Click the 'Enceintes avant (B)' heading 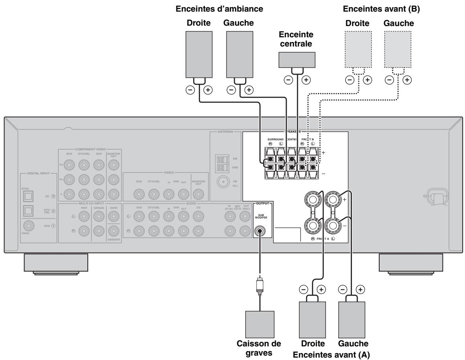pyautogui.click(x=379, y=8)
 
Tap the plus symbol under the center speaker pyautogui.click(x=306, y=79)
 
